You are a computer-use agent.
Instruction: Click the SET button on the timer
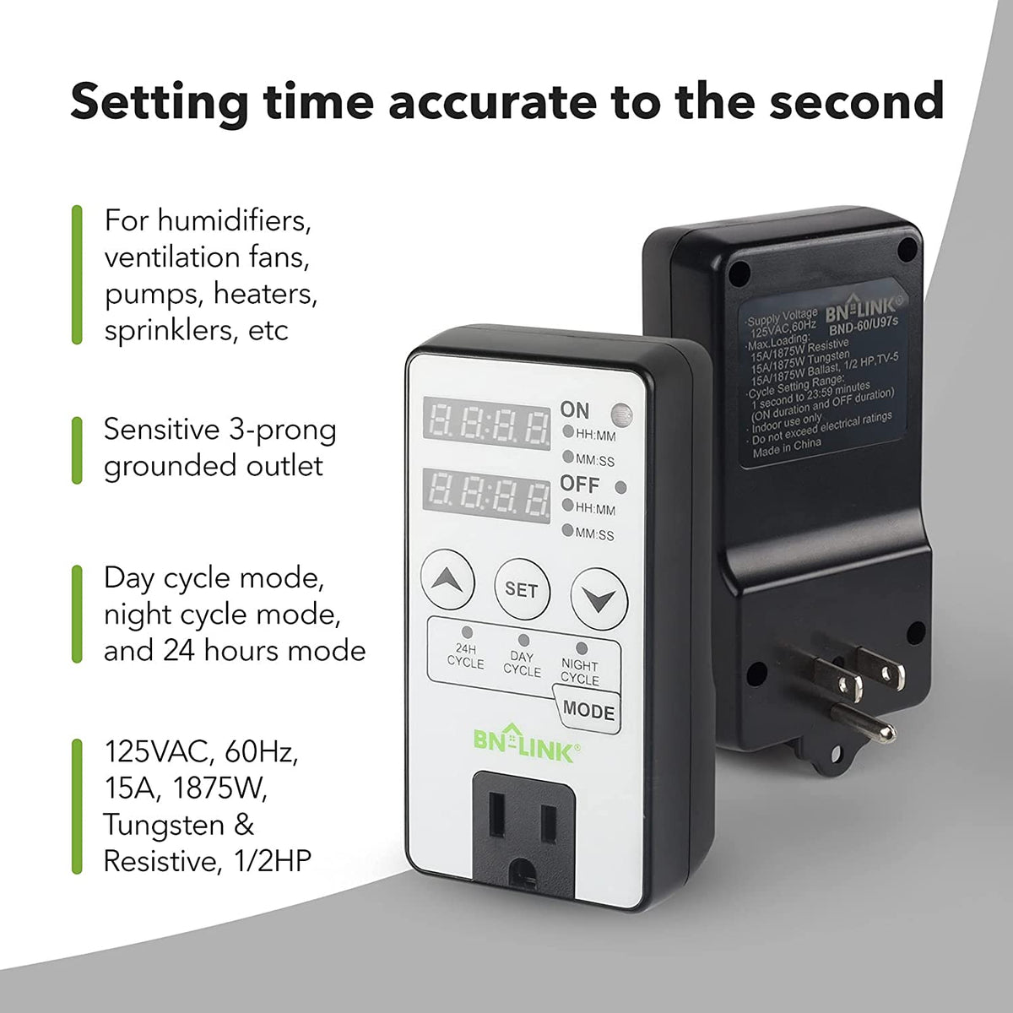522,588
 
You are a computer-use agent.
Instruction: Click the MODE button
588,710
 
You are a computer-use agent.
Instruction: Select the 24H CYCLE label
465,656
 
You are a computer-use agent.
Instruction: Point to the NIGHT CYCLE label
580,671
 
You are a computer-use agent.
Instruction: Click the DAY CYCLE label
523,664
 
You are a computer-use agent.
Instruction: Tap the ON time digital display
486,420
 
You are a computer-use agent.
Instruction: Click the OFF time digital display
486,493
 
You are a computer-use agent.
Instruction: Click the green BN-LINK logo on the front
523,746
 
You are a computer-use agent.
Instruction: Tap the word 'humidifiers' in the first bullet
235,221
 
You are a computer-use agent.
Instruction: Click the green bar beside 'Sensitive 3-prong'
77,449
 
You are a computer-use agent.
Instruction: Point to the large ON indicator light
623,414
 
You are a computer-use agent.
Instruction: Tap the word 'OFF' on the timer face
580,485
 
